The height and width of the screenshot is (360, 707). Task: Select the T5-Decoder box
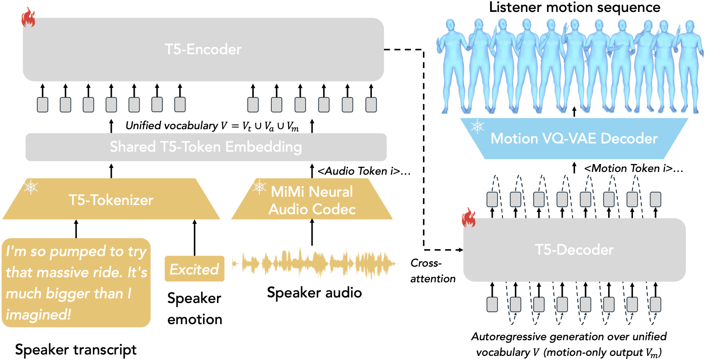coord(574,250)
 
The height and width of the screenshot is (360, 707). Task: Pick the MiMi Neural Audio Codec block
coord(312,200)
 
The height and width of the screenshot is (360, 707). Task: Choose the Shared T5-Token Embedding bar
coord(205,147)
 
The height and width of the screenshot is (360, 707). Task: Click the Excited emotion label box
coord(194,269)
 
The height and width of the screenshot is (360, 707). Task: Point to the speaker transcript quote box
coord(76,283)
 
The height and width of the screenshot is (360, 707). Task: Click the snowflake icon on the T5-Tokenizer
coord(31,187)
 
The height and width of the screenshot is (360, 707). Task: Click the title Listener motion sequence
coord(575,7)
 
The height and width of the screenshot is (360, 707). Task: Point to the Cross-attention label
coord(432,270)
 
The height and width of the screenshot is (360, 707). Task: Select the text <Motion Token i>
coord(633,169)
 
